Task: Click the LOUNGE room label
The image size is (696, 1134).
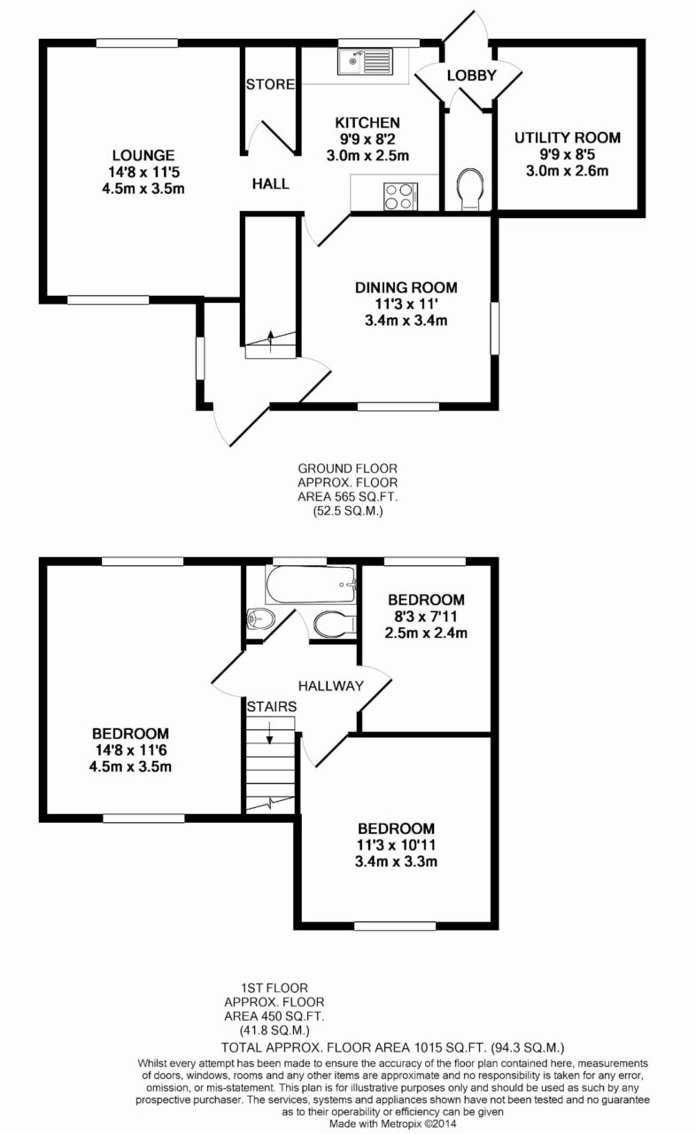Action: point(143,155)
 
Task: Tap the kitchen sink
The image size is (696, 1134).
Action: point(365,61)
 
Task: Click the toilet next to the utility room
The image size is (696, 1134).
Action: point(470,190)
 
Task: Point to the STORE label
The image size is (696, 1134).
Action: point(270,84)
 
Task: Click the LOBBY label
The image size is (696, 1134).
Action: point(471,75)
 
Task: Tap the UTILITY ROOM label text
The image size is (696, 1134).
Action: point(567,137)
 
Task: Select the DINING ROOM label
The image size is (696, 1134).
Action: point(406,288)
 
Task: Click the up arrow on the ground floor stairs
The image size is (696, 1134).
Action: point(271,341)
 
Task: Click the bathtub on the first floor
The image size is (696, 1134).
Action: point(311,584)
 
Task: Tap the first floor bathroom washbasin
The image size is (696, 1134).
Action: point(260,617)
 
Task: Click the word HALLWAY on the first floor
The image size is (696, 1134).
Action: point(331,686)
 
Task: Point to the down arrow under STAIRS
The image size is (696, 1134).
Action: point(269,733)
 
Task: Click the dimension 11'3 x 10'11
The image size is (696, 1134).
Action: point(397,845)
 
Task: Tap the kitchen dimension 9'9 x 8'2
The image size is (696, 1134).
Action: point(367,139)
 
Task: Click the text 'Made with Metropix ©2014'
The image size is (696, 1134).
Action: point(393,1123)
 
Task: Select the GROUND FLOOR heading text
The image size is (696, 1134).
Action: point(347,469)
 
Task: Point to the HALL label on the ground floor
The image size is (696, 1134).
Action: point(271,183)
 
